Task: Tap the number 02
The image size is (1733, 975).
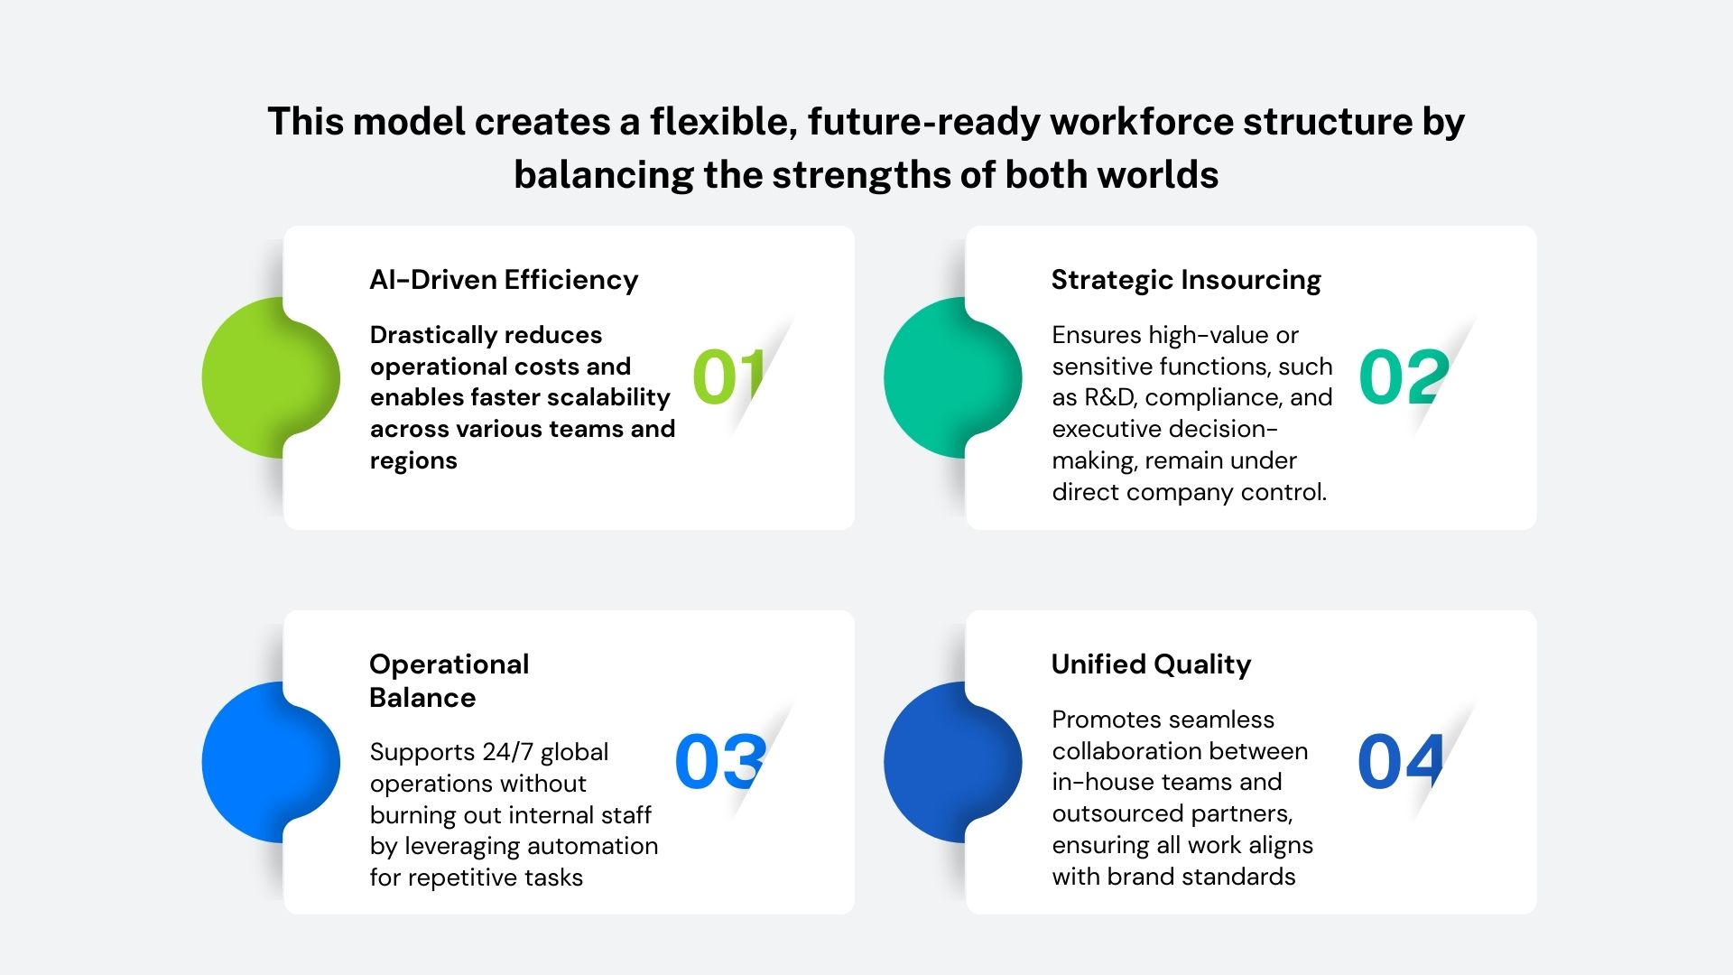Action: pyautogui.click(x=1404, y=376)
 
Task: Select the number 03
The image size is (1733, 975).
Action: pyautogui.click(x=720, y=762)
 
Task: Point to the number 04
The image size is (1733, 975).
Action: pyautogui.click(x=1401, y=762)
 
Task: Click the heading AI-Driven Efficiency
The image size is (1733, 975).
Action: pyautogui.click(x=504, y=280)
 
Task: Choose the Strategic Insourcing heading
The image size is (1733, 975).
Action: pyautogui.click(x=1186, y=281)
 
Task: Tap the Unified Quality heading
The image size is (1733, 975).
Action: pyautogui.click(x=1151, y=665)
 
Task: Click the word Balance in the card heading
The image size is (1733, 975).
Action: pyautogui.click(x=422, y=698)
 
